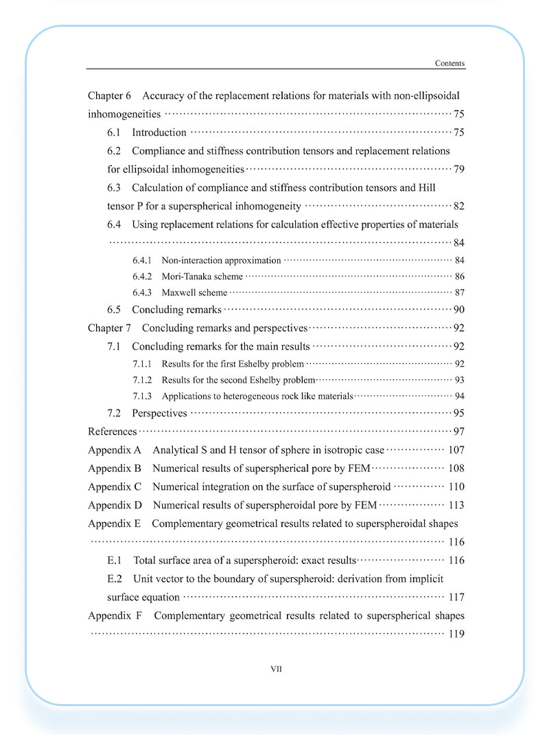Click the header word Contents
pos(449,63)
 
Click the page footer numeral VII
pos(276,668)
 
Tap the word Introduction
pos(159,133)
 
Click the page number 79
pos(459,169)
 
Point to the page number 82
pos(459,206)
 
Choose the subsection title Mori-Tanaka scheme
pos(202,276)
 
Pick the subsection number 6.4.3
pos(142,292)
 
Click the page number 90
pos(459,310)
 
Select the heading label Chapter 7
pos(109,328)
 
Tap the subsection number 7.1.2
pos(142,380)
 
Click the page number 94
pos(459,396)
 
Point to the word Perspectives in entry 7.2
pos(159,414)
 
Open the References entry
pos(113,431)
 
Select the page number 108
pos(456,468)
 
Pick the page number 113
pos(456,505)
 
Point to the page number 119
pos(456,634)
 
